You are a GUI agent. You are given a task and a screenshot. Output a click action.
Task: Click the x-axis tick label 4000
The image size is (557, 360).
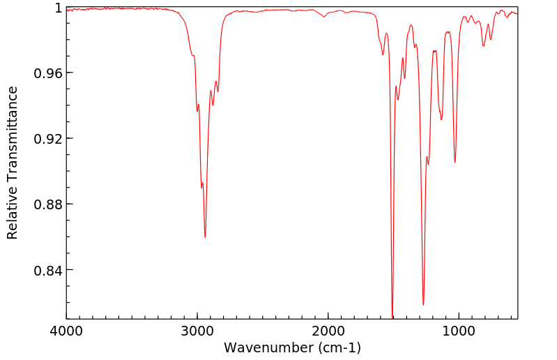coord(66,331)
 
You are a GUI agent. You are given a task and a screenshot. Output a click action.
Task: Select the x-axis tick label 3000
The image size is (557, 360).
coord(197,331)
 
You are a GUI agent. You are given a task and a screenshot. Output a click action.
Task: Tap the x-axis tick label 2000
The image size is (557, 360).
coord(328,331)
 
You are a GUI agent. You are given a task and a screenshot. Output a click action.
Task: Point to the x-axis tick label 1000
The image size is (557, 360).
coord(458,331)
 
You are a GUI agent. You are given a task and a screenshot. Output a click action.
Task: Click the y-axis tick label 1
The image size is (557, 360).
coord(58,8)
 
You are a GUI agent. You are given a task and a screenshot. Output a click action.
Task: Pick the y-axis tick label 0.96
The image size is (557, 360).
coord(49,73)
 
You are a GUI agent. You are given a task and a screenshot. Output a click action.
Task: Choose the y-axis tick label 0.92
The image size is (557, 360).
coord(49,139)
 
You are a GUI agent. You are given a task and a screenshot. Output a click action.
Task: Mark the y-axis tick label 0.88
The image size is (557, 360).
coord(49,204)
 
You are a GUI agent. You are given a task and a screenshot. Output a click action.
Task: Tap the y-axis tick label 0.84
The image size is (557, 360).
coord(49,270)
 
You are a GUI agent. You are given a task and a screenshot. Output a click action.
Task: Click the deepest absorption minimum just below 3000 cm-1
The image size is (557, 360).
coord(205,237)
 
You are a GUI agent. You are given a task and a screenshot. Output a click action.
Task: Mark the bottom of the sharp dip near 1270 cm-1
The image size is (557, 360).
coord(423,305)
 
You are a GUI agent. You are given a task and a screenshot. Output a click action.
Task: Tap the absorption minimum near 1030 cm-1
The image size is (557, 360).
coord(455,163)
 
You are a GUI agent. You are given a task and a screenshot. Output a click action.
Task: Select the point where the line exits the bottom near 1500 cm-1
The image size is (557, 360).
coord(392,318)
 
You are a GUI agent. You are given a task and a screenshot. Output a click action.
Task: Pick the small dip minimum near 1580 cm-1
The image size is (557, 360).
coord(383,54)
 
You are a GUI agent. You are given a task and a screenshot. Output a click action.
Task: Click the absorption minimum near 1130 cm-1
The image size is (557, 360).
coord(441,119)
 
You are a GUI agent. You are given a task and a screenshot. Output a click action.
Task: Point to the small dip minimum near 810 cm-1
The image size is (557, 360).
coord(483,46)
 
